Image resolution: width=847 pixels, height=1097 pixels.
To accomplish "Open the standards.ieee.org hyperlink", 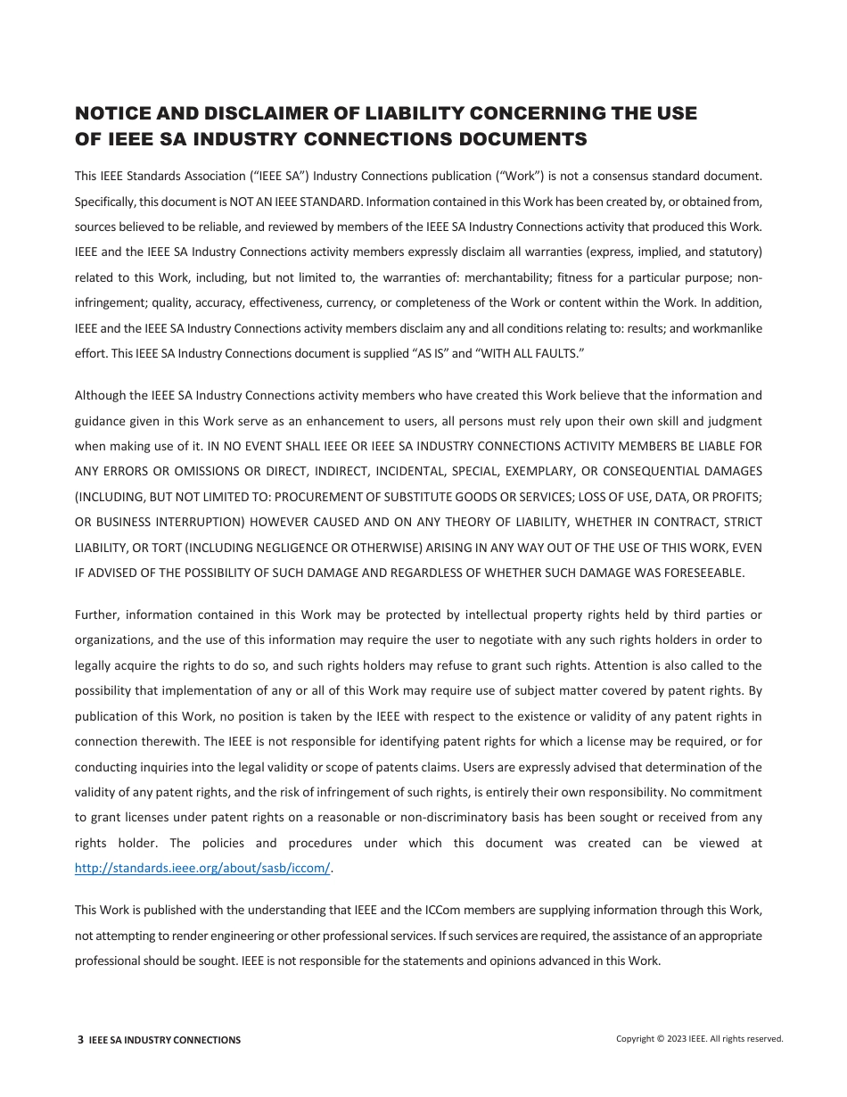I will [x=202, y=869].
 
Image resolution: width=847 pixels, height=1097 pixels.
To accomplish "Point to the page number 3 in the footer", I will [x=80, y=1040].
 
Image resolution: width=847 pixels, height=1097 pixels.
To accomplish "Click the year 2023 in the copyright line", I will [x=676, y=1039].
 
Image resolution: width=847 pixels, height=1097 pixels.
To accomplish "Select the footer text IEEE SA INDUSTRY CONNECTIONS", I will [x=165, y=1040].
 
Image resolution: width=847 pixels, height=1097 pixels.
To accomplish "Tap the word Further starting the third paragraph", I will [x=96, y=614].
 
